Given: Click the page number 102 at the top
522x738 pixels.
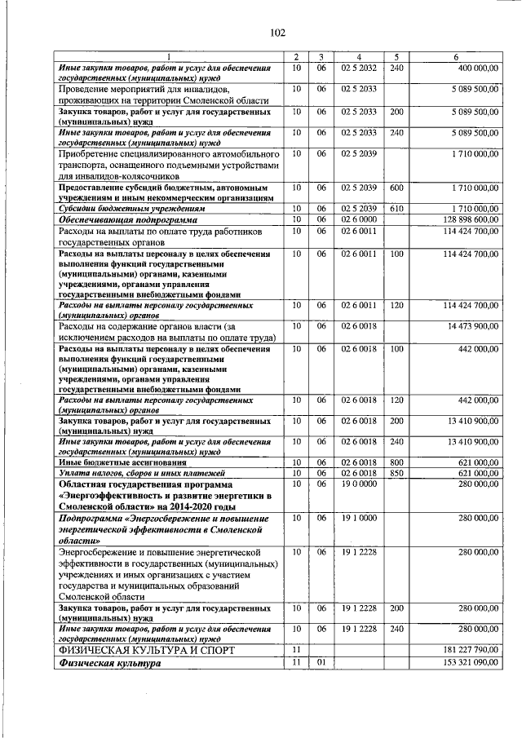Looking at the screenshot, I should pyautogui.click(x=277, y=33).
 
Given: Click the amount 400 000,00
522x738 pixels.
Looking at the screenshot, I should pyautogui.click(x=473, y=66).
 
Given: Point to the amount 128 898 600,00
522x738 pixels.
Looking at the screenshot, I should pyautogui.click(x=467, y=219).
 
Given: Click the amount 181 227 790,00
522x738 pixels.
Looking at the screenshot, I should pyautogui.click(x=467, y=650).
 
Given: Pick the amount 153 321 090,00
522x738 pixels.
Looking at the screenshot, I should pyautogui.click(x=467, y=664).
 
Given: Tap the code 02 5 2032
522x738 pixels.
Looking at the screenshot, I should pyautogui.click(x=359, y=66).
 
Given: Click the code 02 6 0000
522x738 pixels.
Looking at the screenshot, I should pyautogui.click(x=359, y=219).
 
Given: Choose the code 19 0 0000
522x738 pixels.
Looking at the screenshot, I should pyautogui.click(x=359, y=484).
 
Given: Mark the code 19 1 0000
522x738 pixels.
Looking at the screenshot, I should pyautogui.click(x=359, y=518).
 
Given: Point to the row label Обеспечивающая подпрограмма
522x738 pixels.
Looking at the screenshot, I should pyautogui.click(x=128, y=219).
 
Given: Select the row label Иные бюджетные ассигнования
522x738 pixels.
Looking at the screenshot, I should pyautogui.click(x=113, y=462).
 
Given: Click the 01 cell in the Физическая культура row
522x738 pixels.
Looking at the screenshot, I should pyautogui.click(x=321, y=664).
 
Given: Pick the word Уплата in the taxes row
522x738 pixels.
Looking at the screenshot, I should pyautogui.click(x=73, y=473).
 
